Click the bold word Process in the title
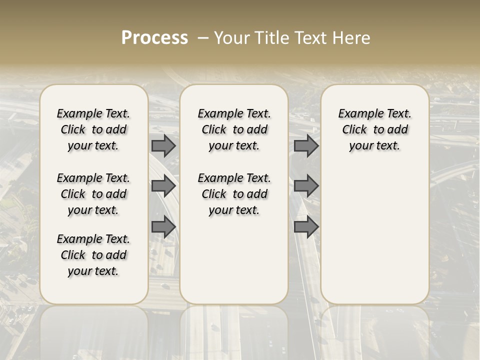tap(154, 38)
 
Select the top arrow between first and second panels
tap(163, 145)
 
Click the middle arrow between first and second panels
tap(163, 186)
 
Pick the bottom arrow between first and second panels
tap(163, 227)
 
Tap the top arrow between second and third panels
tap(306, 145)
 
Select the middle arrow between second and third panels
tap(306, 186)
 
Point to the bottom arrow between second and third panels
tap(306, 227)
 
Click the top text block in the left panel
tap(93, 129)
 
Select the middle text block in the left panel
tap(93, 194)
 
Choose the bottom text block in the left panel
tap(93, 255)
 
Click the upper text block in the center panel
tap(234, 129)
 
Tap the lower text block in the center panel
tap(234, 194)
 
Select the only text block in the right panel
tap(374, 129)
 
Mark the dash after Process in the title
tap(203, 38)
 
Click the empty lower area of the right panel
tap(374, 240)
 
